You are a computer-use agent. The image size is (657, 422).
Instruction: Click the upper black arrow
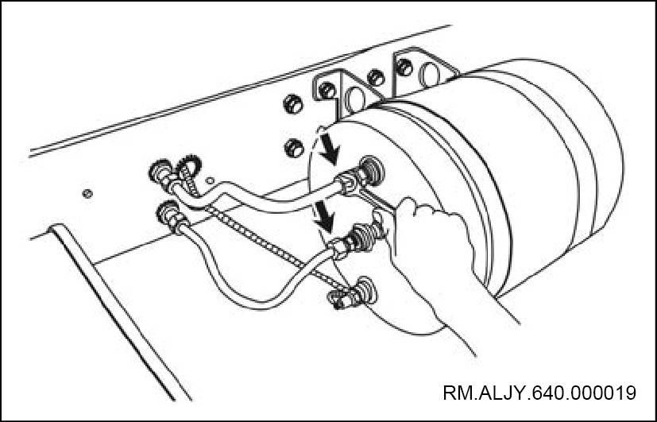pos(329,151)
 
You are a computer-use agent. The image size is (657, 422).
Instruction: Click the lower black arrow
pos(325,216)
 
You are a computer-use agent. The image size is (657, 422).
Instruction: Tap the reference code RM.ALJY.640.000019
pos(539,393)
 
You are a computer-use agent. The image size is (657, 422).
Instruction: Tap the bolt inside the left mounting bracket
pos(327,90)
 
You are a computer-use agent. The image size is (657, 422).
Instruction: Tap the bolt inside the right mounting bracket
pos(404,67)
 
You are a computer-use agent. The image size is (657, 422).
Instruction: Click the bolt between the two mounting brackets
pos(376,78)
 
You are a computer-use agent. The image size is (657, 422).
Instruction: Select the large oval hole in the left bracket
pos(355,99)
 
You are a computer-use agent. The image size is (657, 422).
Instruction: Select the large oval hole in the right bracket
pos(430,75)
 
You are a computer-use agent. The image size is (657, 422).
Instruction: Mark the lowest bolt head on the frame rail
pos(294,148)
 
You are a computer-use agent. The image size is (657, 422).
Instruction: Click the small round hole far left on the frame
pos(87,194)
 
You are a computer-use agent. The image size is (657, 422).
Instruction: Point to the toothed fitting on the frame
pos(189,165)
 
